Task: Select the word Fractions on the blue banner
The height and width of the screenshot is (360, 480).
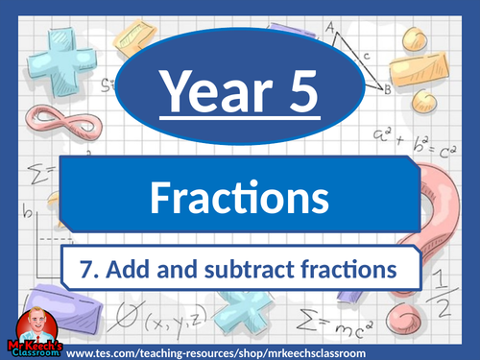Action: click(240, 199)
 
